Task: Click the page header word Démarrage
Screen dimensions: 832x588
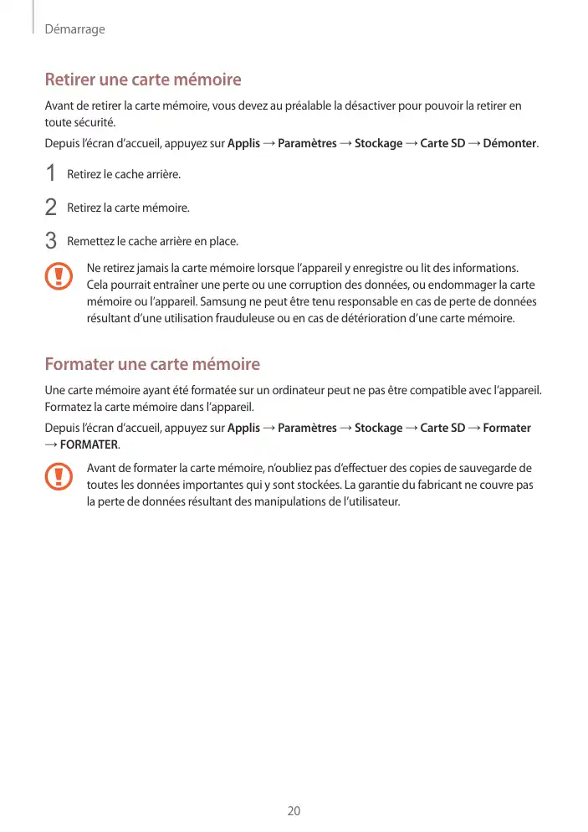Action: click(74, 29)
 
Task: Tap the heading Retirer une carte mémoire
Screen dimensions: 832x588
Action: click(142, 80)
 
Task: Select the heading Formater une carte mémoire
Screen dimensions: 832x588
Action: click(151, 365)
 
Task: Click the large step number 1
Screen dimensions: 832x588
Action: click(51, 174)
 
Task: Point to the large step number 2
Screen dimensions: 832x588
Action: click(51, 207)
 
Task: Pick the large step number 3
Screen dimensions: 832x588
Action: click(51, 241)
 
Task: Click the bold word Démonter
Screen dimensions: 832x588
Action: click(509, 143)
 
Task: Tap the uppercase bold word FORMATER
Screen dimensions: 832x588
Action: click(89, 444)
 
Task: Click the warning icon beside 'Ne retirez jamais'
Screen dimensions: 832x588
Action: click(59, 275)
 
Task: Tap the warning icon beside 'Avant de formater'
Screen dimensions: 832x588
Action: click(59, 476)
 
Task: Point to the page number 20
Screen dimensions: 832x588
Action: click(294, 811)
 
